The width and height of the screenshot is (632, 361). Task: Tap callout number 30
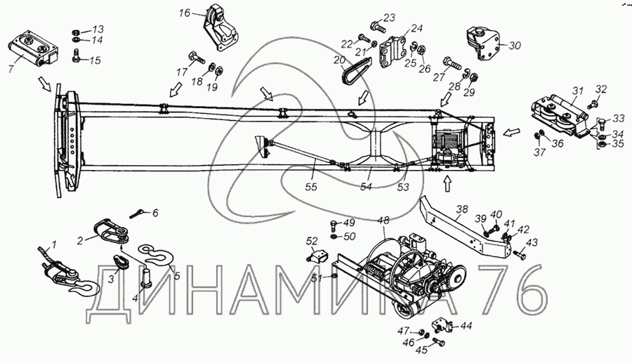(515, 46)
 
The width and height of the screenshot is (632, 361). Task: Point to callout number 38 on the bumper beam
(461, 209)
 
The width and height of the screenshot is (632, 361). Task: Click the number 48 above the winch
(383, 220)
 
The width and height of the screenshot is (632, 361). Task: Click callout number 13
(97, 29)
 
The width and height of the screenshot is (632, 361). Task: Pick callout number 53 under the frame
(402, 188)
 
